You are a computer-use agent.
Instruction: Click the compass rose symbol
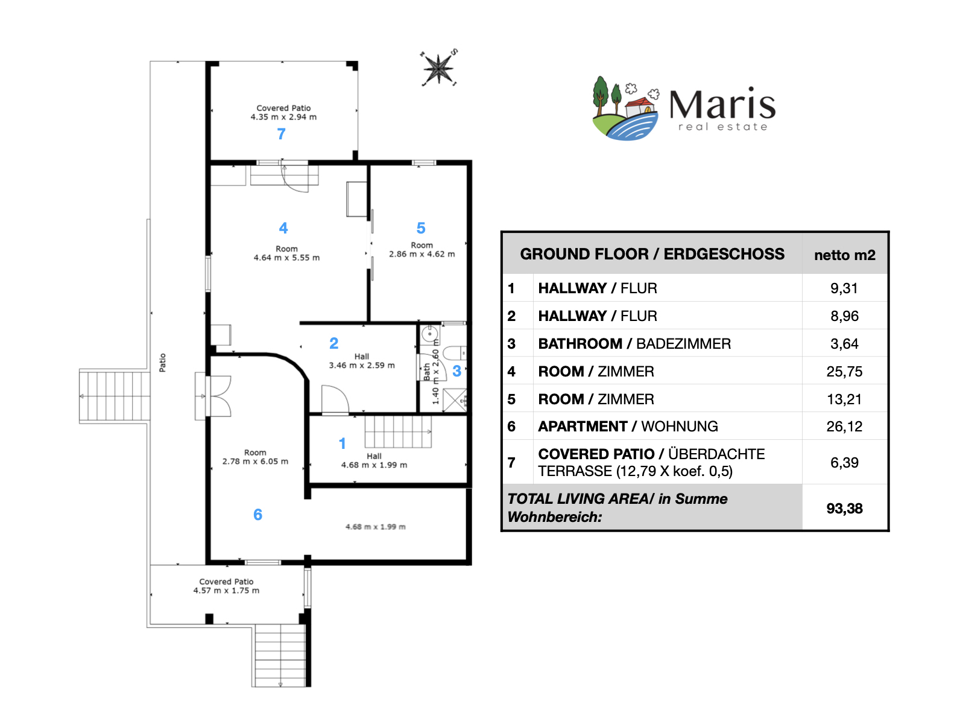click(x=438, y=68)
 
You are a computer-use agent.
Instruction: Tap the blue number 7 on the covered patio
click(x=281, y=133)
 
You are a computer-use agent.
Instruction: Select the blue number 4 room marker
click(x=283, y=227)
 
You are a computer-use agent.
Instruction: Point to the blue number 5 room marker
click(x=421, y=227)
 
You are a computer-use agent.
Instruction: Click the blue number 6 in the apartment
click(x=257, y=514)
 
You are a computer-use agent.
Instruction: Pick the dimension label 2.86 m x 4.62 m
click(x=422, y=254)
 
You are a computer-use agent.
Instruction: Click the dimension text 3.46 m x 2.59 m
click(x=361, y=365)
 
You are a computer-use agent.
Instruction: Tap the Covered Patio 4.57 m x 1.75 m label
click(x=226, y=586)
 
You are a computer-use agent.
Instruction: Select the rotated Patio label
click(x=162, y=363)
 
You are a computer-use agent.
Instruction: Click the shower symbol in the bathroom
click(x=455, y=400)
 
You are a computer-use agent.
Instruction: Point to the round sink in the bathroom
click(x=430, y=335)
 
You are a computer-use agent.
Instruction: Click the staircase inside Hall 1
click(x=398, y=432)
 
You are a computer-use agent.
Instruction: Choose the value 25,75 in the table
click(x=844, y=371)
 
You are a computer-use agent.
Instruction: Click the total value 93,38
click(x=844, y=508)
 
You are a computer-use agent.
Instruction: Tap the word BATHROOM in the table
click(x=580, y=343)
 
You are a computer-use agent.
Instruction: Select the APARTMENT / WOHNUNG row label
click(x=628, y=426)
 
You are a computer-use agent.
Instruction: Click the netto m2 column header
click(x=844, y=255)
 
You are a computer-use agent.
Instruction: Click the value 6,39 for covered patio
click(x=844, y=462)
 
